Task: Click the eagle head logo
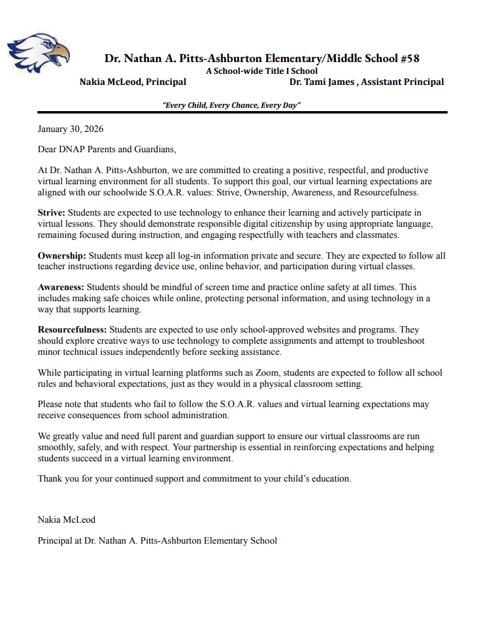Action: coord(38,53)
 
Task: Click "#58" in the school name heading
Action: coord(409,59)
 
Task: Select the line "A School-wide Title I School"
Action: coord(261,71)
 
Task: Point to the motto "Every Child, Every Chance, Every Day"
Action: coord(231,105)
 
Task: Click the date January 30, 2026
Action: coord(71,129)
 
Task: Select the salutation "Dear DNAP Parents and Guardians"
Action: coord(107,150)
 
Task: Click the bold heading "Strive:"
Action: coord(52,213)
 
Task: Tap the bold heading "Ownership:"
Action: coord(62,255)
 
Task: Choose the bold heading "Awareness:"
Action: coord(61,287)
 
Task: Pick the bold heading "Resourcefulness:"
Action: coord(73,331)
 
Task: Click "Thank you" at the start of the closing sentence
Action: coord(56,478)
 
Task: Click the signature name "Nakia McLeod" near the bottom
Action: coord(67,520)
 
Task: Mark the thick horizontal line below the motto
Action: coord(242,113)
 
